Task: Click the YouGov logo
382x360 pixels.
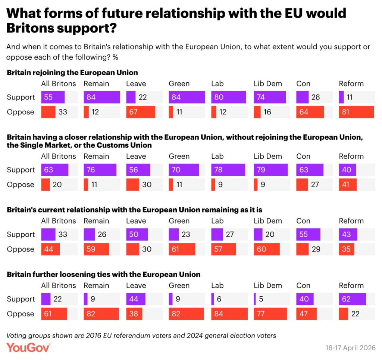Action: (x=28, y=347)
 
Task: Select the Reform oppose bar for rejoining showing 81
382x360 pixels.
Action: (x=356, y=112)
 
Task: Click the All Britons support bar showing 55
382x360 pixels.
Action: (x=53, y=97)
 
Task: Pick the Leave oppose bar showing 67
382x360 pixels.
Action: (x=140, y=112)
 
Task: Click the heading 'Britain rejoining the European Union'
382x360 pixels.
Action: (x=72, y=73)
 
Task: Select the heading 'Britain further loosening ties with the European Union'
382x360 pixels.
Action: (x=104, y=274)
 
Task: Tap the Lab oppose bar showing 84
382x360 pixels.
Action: (x=229, y=314)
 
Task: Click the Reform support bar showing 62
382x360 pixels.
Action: (x=352, y=299)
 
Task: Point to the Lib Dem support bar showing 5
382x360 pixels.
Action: (x=255, y=299)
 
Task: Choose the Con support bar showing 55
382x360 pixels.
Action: (x=308, y=234)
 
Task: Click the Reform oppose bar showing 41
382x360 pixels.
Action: (x=348, y=184)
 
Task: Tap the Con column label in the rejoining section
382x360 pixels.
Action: (x=303, y=84)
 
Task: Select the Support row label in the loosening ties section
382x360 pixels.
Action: (x=21, y=299)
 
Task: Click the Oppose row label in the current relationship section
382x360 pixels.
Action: (x=21, y=249)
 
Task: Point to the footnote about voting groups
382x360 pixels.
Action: (x=141, y=335)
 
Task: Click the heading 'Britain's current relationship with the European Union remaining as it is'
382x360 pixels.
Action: (x=134, y=210)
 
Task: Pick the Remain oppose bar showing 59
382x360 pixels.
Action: (x=96, y=249)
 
